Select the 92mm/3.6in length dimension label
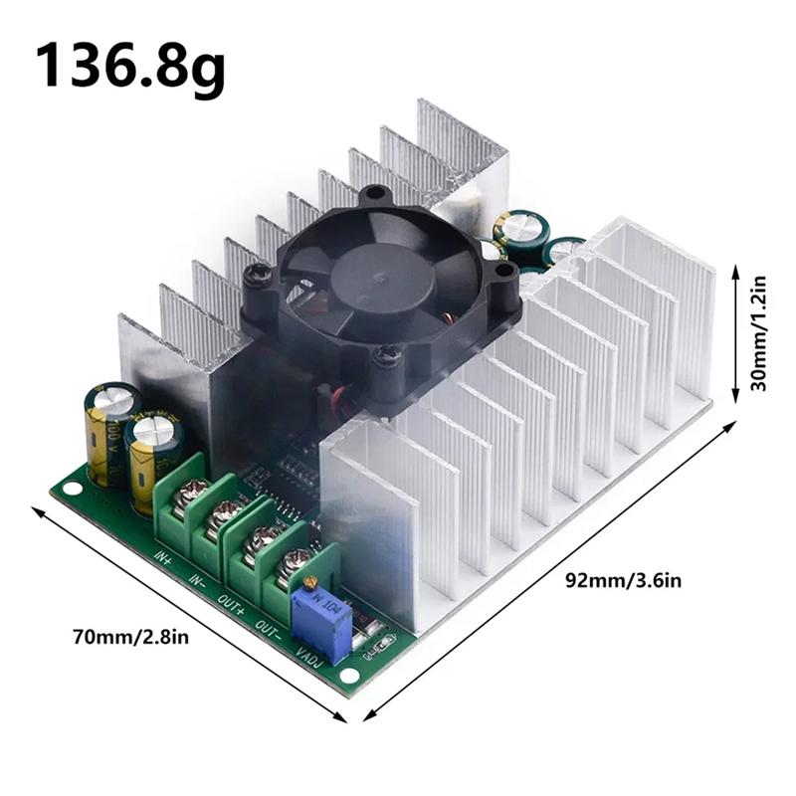coord(624,578)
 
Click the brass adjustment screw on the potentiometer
coord(311,581)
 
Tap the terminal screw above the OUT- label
coord(297,565)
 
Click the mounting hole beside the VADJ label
coord(347,677)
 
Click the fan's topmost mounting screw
coord(373,195)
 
